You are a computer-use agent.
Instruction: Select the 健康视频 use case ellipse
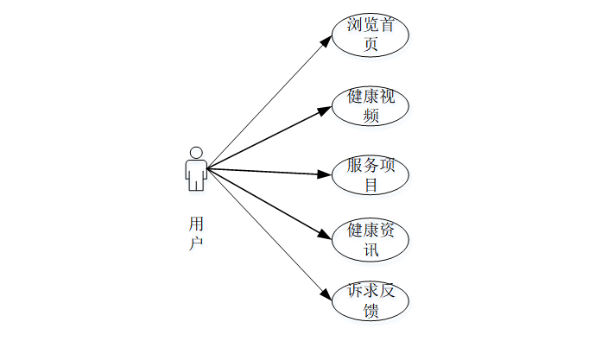point(370,105)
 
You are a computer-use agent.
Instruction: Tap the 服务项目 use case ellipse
point(370,174)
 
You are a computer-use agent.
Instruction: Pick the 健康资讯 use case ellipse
point(370,240)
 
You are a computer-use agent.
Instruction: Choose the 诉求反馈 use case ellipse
point(370,300)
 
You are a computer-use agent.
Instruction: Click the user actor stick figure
point(196,168)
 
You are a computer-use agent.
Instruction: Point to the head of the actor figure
point(196,153)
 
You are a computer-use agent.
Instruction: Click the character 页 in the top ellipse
point(370,45)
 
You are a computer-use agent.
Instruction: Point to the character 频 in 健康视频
point(370,115)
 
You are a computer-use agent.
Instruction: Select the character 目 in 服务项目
point(370,184)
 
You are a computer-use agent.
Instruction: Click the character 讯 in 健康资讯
point(370,249)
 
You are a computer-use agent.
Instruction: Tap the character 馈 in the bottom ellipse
point(370,311)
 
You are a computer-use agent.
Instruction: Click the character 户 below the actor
point(196,243)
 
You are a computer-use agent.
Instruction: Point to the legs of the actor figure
point(196,182)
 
